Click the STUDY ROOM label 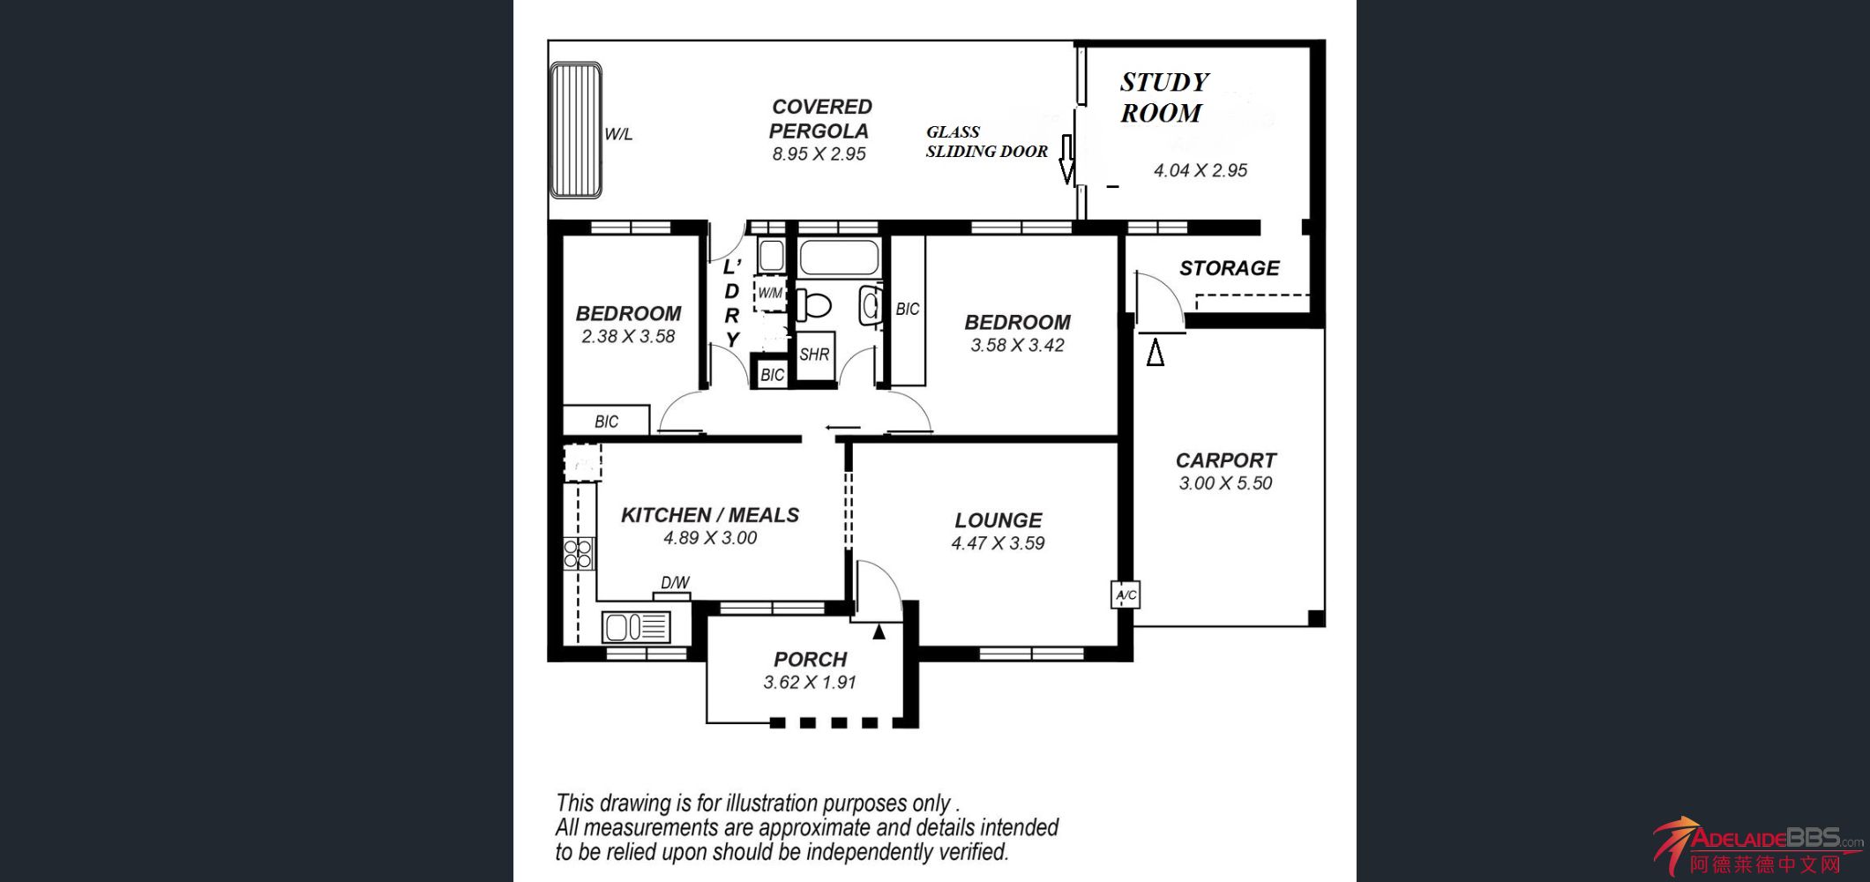pos(1164,97)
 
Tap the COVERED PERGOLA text pos(820,119)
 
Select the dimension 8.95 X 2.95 pos(819,154)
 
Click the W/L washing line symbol pos(576,130)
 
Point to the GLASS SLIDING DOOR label pos(986,141)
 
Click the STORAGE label pos(1229,268)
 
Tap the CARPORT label pos(1226,460)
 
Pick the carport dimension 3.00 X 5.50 pos(1226,483)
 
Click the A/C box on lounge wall pos(1126,595)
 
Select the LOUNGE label pos(999,520)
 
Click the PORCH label pos(810,660)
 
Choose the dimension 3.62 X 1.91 pos(810,683)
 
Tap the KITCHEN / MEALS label pos(710,515)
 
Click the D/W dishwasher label pos(675,582)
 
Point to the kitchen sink pos(636,627)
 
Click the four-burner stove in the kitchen pos(579,555)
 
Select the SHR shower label pos(814,355)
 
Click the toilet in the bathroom pos(813,306)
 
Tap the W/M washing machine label pos(770,293)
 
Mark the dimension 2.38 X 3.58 pos(628,337)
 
